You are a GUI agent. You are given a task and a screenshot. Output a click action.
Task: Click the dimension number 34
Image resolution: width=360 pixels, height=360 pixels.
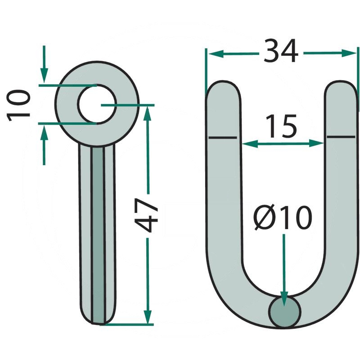click(x=281, y=51)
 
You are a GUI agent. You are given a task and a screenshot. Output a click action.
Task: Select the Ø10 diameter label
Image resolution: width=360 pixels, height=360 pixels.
click(x=283, y=218)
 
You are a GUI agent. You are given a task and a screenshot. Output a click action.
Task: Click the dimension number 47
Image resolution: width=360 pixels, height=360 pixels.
click(x=146, y=215)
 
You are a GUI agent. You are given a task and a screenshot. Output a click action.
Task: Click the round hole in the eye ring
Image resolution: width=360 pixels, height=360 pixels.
click(x=97, y=104)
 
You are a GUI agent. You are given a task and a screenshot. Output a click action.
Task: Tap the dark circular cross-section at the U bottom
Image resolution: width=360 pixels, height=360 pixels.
click(x=284, y=312)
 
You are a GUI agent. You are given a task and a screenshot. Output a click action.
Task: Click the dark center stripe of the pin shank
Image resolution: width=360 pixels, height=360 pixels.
click(x=98, y=234)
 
